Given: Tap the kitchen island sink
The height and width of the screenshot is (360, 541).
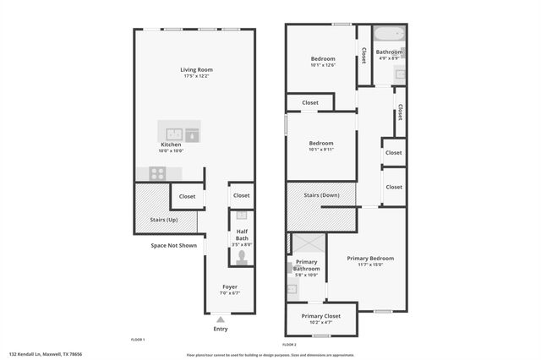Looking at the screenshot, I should pyautogui.click(x=175, y=133).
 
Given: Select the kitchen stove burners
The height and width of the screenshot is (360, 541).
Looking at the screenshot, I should pyautogui.click(x=157, y=172).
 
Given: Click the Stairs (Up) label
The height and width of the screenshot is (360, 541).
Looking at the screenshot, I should pyautogui.click(x=163, y=220).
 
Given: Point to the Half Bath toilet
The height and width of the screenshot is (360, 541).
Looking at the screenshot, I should pyautogui.click(x=242, y=254).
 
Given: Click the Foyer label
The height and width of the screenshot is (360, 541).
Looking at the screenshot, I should pyautogui.click(x=230, y=287).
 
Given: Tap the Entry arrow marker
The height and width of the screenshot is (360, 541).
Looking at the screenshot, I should pyautogui.click(x=221, y=319).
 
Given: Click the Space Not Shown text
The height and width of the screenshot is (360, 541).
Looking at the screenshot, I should pyautogui.click(x=173, y=246).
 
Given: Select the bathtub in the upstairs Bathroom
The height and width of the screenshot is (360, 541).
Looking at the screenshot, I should pyautogui.click(x=388, y=36).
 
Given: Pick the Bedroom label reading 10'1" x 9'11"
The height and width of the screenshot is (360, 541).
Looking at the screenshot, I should pyautogui.click(x=321, y=143).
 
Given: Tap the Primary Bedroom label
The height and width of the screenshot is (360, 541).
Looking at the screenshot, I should pyautogui.click(x=370, y=258).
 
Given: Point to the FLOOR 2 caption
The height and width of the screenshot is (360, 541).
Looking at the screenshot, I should pyautogui.click(x=289, y=345).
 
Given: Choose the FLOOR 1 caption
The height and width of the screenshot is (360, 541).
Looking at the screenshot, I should pyautogui.click(x=138, y=339).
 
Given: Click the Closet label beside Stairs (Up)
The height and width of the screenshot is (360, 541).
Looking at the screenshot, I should pyautogui.click(x=187, y=197).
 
